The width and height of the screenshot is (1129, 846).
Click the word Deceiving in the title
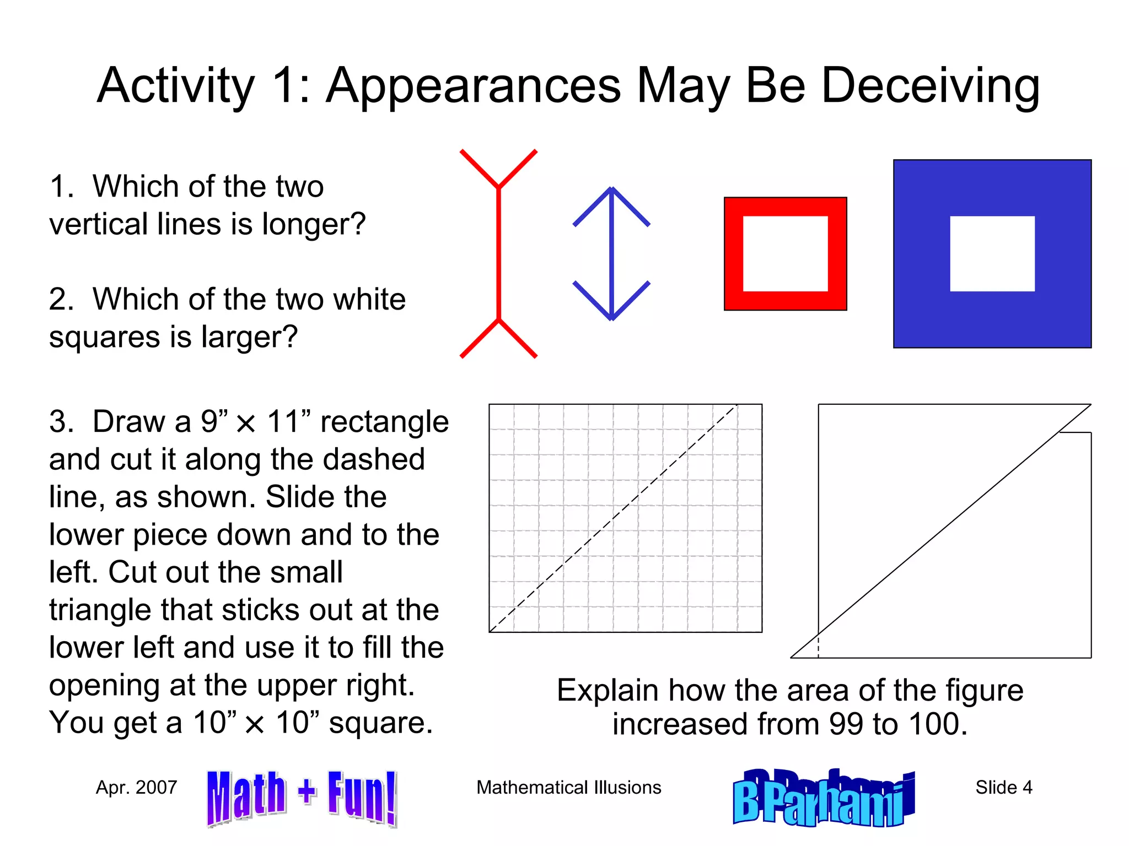click(x=930, y=85)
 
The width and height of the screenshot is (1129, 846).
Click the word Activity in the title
click(x=176, y=85)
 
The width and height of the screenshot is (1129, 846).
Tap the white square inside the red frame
click(x=785, y=253)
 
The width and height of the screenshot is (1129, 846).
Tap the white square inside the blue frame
click(x=992, y=253)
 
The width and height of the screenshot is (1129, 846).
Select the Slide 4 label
click(x=1003, y=787)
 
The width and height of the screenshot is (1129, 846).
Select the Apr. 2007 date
click(x=136, y=787)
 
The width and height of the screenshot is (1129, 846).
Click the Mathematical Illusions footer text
click(x=568, y=787)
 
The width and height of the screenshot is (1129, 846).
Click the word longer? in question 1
click(x=314, y=225)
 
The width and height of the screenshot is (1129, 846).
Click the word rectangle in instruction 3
click(x=384, y=422)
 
